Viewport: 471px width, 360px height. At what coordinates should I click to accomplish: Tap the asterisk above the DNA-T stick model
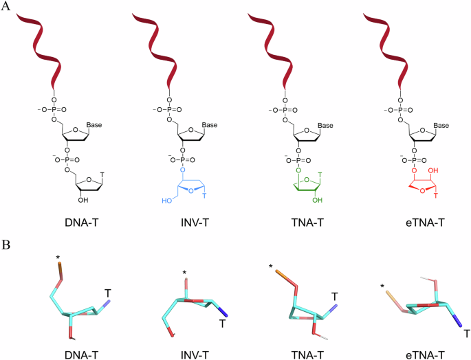tap(58, 259)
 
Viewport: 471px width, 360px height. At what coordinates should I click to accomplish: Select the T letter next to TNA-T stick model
tap(334, 296)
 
